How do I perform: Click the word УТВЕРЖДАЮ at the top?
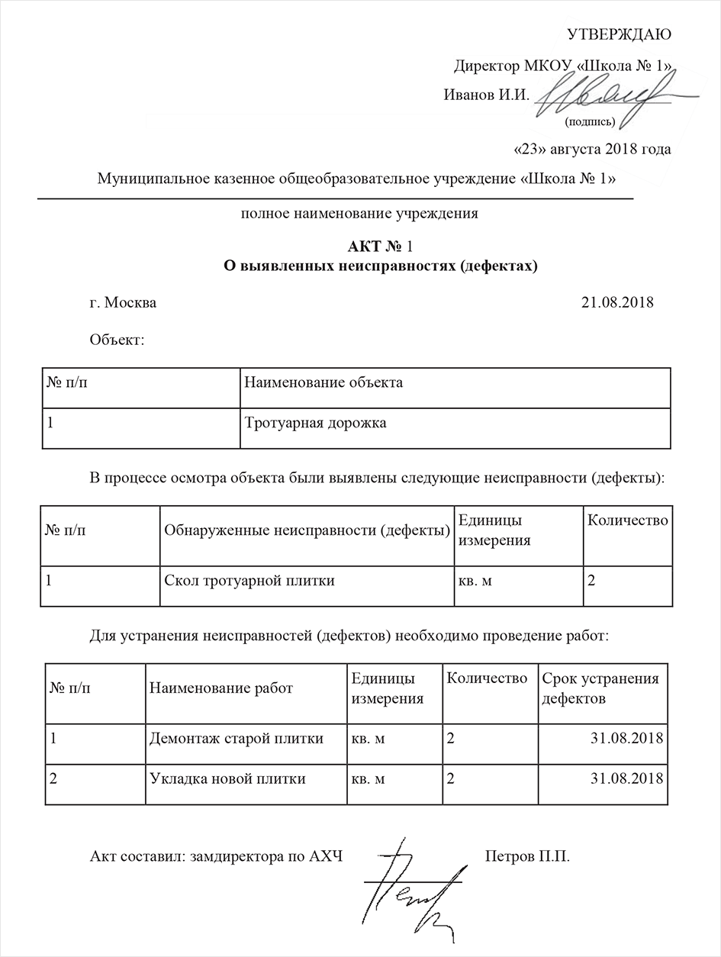619,34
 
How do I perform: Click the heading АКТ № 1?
379,246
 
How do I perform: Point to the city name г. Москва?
123,302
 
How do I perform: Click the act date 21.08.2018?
617,302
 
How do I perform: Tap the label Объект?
117,340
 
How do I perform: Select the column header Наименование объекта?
323,382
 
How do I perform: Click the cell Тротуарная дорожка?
315,423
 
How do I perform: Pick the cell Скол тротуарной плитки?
249,581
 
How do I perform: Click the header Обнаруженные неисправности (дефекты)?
307,530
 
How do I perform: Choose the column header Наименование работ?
221,688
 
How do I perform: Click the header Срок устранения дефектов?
600,688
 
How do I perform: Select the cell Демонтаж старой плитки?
237,739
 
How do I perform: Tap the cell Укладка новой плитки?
227,779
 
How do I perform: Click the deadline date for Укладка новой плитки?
626,779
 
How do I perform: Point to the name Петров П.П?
527,856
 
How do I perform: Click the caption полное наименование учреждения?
359,214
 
